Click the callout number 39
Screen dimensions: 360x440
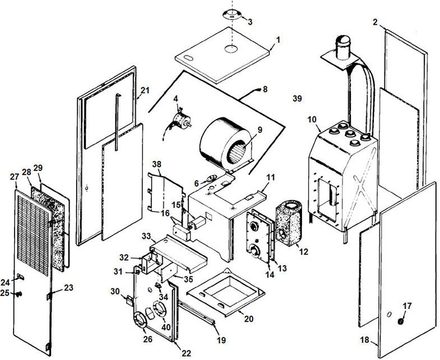pyautogui.click(x=297, y=99)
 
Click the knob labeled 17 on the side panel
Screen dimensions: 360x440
pyautogui.click(x=401, y=321)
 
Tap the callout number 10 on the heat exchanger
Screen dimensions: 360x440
pyautogui.click(x=312, y=120)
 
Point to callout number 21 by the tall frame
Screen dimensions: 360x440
pyautogui.click(x=145, y=90)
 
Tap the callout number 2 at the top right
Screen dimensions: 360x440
pyautogui.click(x=375, y=22)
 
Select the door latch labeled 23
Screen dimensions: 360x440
pyautogui.click(x=50, y=293)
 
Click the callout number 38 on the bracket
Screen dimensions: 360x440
pyautogui.click(x=156, y=165)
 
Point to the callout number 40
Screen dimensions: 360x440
pyautogui.click(x=166, y=327)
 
